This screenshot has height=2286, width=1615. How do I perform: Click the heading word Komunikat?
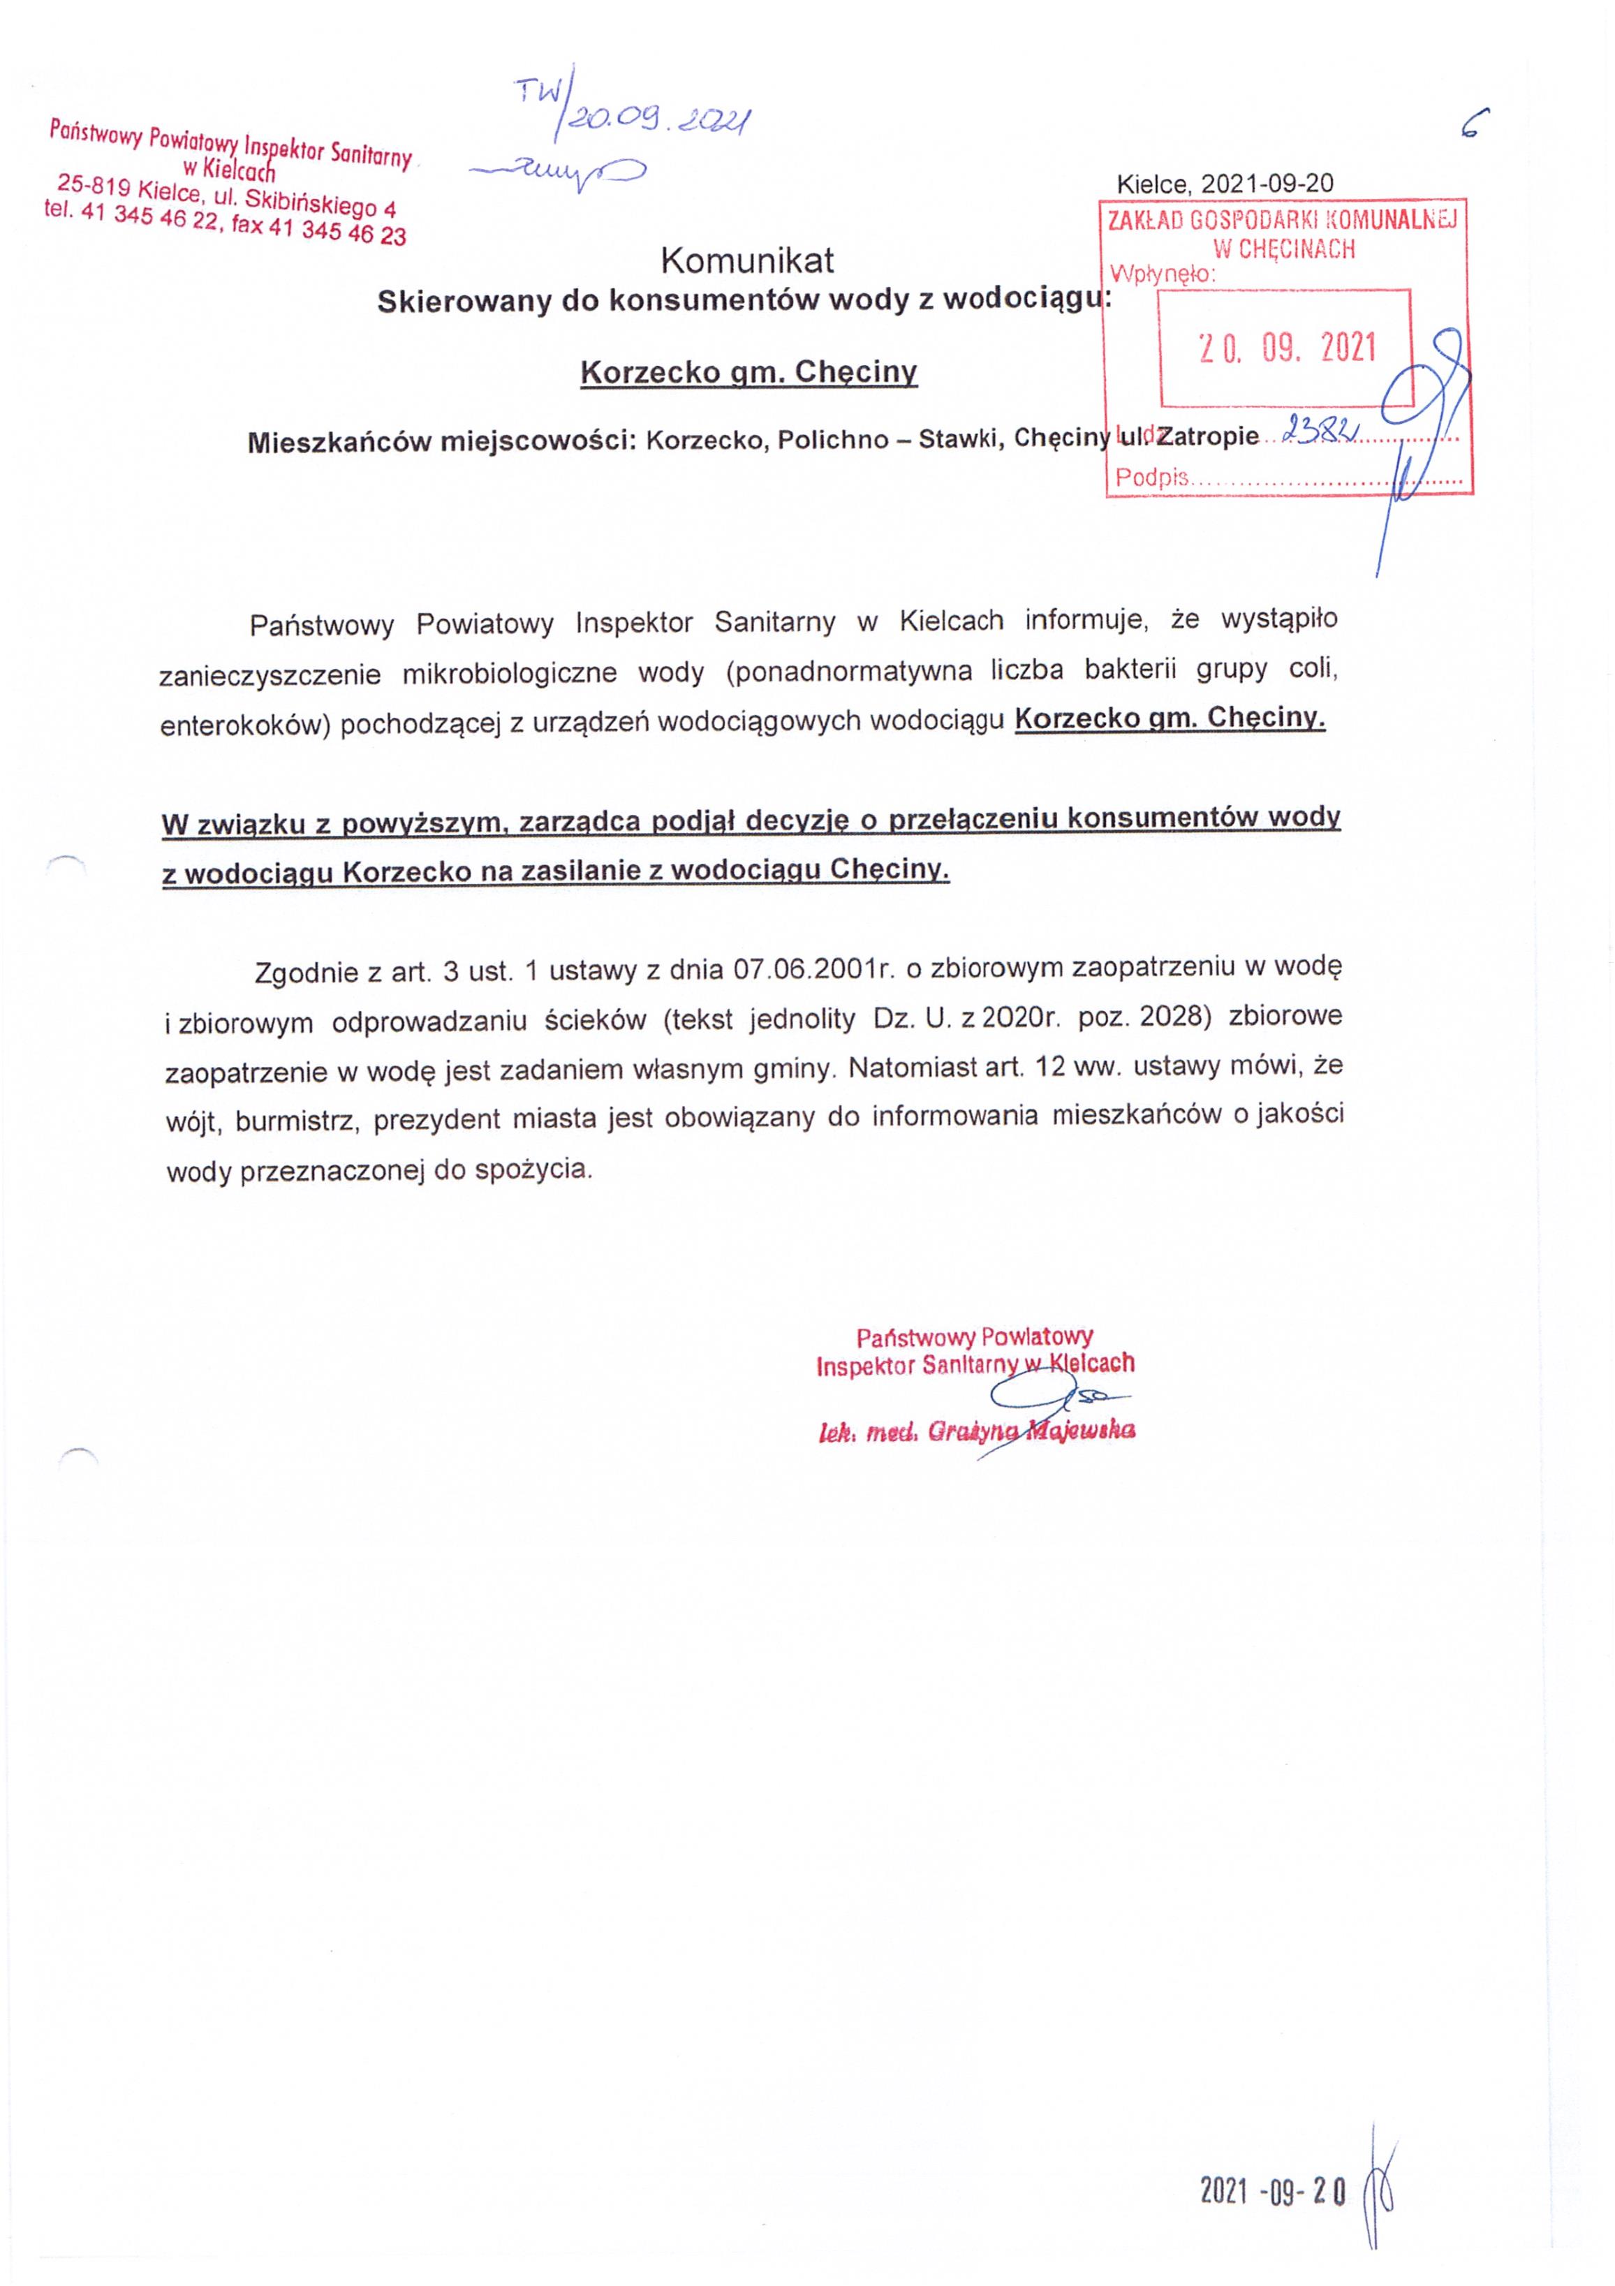point(747,261)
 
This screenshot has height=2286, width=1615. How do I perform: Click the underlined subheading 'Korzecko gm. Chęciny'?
point(748,372)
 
